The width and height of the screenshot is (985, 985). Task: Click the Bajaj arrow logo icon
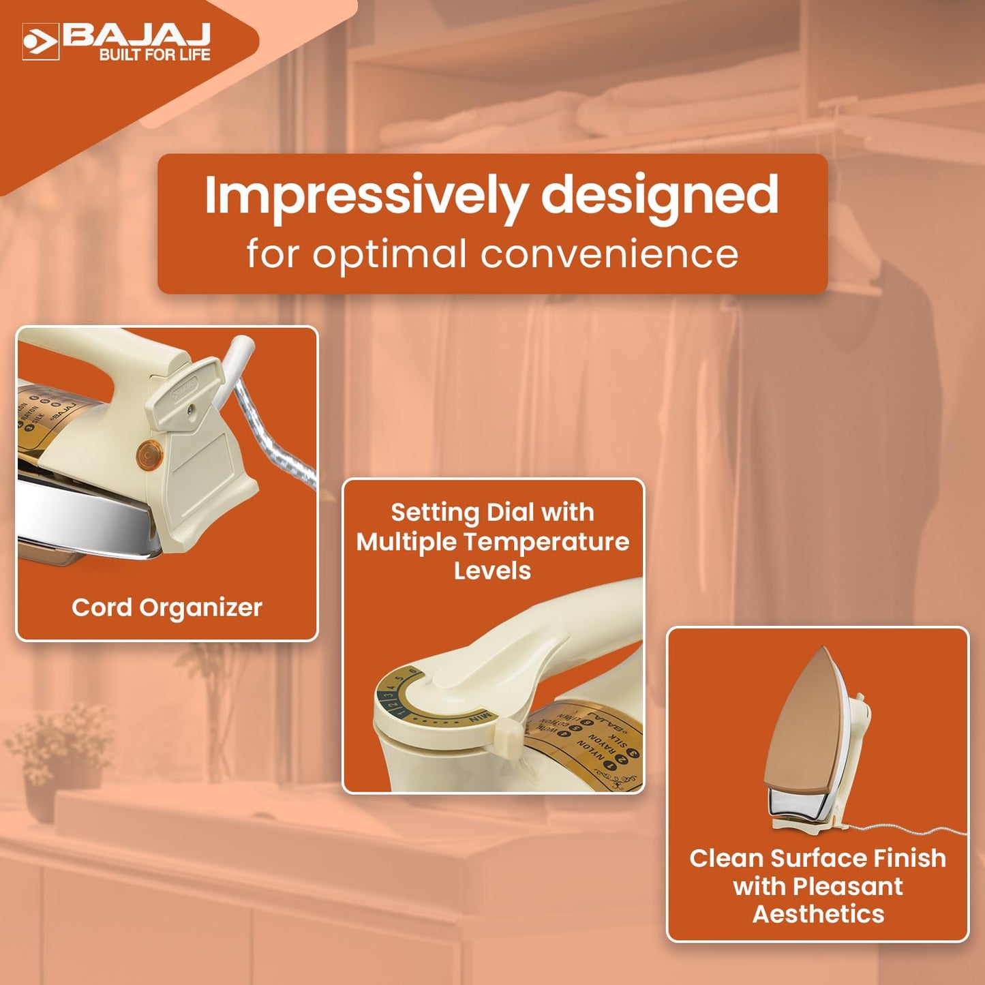pos(40,42)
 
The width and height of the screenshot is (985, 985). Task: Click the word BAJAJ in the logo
pos(136,35)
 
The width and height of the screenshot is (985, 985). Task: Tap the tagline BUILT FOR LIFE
pos(155,55)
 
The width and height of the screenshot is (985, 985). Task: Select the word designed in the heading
pos(659,196)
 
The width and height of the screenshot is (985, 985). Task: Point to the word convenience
pos(609,254)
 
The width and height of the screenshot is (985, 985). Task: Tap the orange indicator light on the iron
pos(149,455)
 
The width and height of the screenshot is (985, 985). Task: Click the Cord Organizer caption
pos(167,607)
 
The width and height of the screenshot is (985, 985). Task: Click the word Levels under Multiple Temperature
pos(492,571)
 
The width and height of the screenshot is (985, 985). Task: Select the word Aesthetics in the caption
pos(818,914)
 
